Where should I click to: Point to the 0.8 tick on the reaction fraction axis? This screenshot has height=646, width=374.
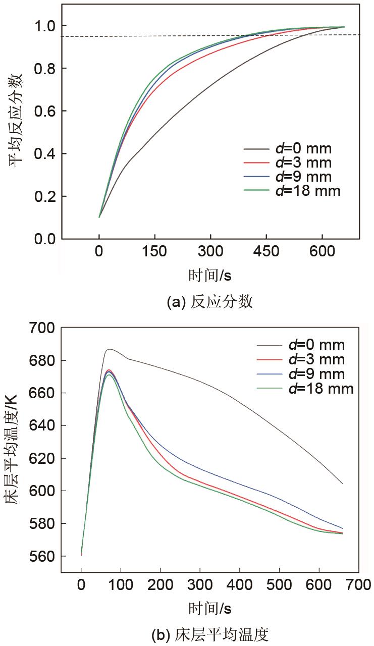tap(44, 68)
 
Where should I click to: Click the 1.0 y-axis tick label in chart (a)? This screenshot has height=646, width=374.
tap(44, 26)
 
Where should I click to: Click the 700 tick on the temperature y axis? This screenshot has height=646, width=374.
tap(43, 328)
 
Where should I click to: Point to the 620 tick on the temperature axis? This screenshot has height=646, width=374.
tap(43, 458)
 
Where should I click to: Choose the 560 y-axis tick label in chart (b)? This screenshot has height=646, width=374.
tap(43, 556)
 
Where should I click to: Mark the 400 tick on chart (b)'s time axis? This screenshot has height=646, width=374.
tap(239, 586)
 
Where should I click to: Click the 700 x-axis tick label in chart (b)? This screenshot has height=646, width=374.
tap(358, 586)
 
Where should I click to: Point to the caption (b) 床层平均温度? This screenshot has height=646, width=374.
tap(210, 633)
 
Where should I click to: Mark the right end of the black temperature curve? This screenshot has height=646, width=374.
tap(343, 483)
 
